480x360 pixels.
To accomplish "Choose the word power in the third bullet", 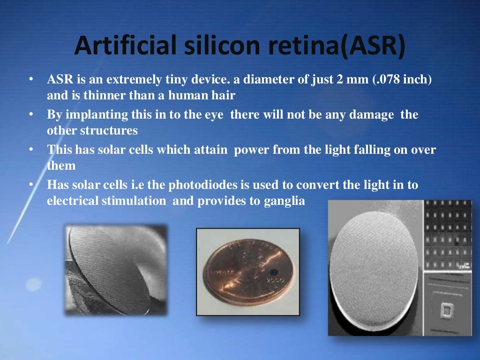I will (252, 150).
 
